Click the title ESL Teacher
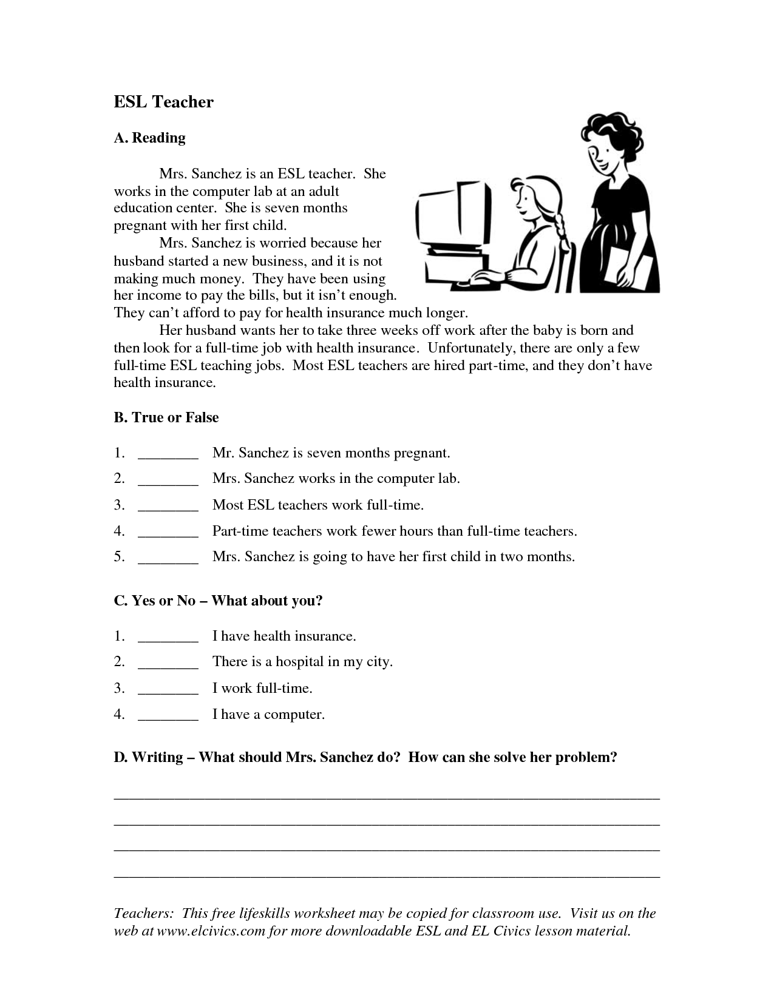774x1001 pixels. coord(163,101)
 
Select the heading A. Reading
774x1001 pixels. coord(149,138)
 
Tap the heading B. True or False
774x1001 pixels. coord(166,417)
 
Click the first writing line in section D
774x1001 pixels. coord(387,798)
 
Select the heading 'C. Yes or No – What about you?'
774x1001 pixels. coord(218,601)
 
